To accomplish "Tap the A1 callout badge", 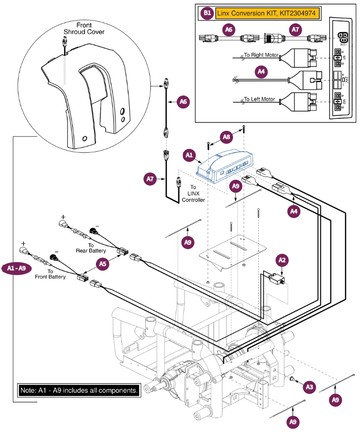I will coord(189,155).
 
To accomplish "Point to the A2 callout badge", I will coord(282,260).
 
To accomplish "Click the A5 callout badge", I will coord(102,263).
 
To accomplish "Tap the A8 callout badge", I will coord(227,137).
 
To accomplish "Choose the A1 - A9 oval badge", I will coord(19,268).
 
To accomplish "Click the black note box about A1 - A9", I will coord(79,390).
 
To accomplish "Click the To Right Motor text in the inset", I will coord(261,55).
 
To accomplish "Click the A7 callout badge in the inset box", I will coord(295,30).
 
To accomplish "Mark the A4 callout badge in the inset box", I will coord(261,72).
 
